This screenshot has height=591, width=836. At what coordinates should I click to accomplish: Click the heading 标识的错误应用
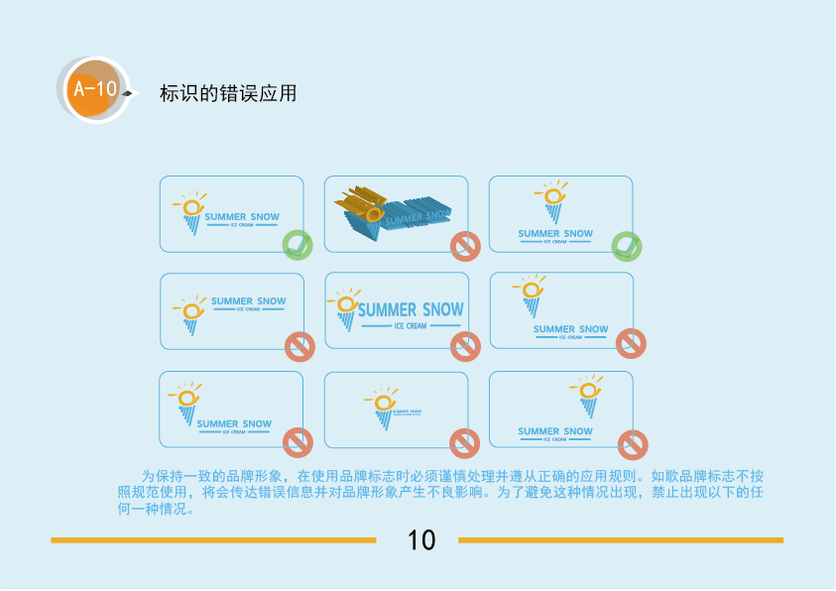coord(228,95)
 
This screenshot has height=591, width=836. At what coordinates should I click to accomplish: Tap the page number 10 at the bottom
coord(421,540)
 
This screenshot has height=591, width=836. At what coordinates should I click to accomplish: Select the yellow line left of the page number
coord(213,540)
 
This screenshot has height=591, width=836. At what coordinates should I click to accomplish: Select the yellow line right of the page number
coord(621,540)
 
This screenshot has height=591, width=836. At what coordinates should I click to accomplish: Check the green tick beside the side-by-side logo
coord(298,244)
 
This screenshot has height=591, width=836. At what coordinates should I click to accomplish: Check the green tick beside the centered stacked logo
coord(627,244)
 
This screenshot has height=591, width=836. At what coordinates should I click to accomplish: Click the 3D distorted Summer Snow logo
coord(392,212)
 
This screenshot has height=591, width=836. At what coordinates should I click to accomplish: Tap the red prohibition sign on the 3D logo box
coord(465,246)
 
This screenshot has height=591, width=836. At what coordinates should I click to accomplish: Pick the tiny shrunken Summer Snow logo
coord(396,408)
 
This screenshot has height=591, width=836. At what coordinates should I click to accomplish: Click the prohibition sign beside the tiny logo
coord(464,443)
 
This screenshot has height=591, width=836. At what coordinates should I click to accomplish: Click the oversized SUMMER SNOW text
coord(410,309)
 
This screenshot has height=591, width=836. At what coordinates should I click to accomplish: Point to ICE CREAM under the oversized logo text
coord(410,326)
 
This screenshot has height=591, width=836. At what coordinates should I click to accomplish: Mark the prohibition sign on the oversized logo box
coord(465,346)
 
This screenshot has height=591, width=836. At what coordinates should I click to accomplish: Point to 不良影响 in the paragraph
coord(447,492)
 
